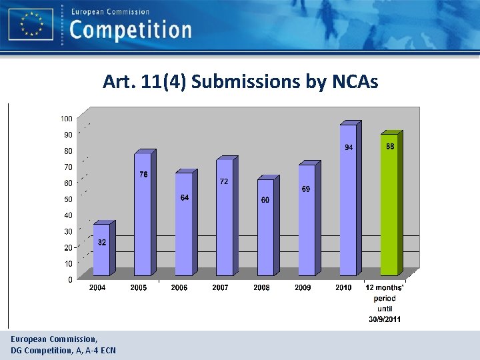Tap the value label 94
(x=348, y=147)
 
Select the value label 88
(x=391, y=146)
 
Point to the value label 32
(x=101, y=243)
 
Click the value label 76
(x=143, y=175)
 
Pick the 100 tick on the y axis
(x=66, y=119)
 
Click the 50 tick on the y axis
(x=68, y=199)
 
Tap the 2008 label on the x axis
(x=261, y=288)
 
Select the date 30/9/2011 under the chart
(x=385, y=319)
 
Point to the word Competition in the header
(x=131, y=30)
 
